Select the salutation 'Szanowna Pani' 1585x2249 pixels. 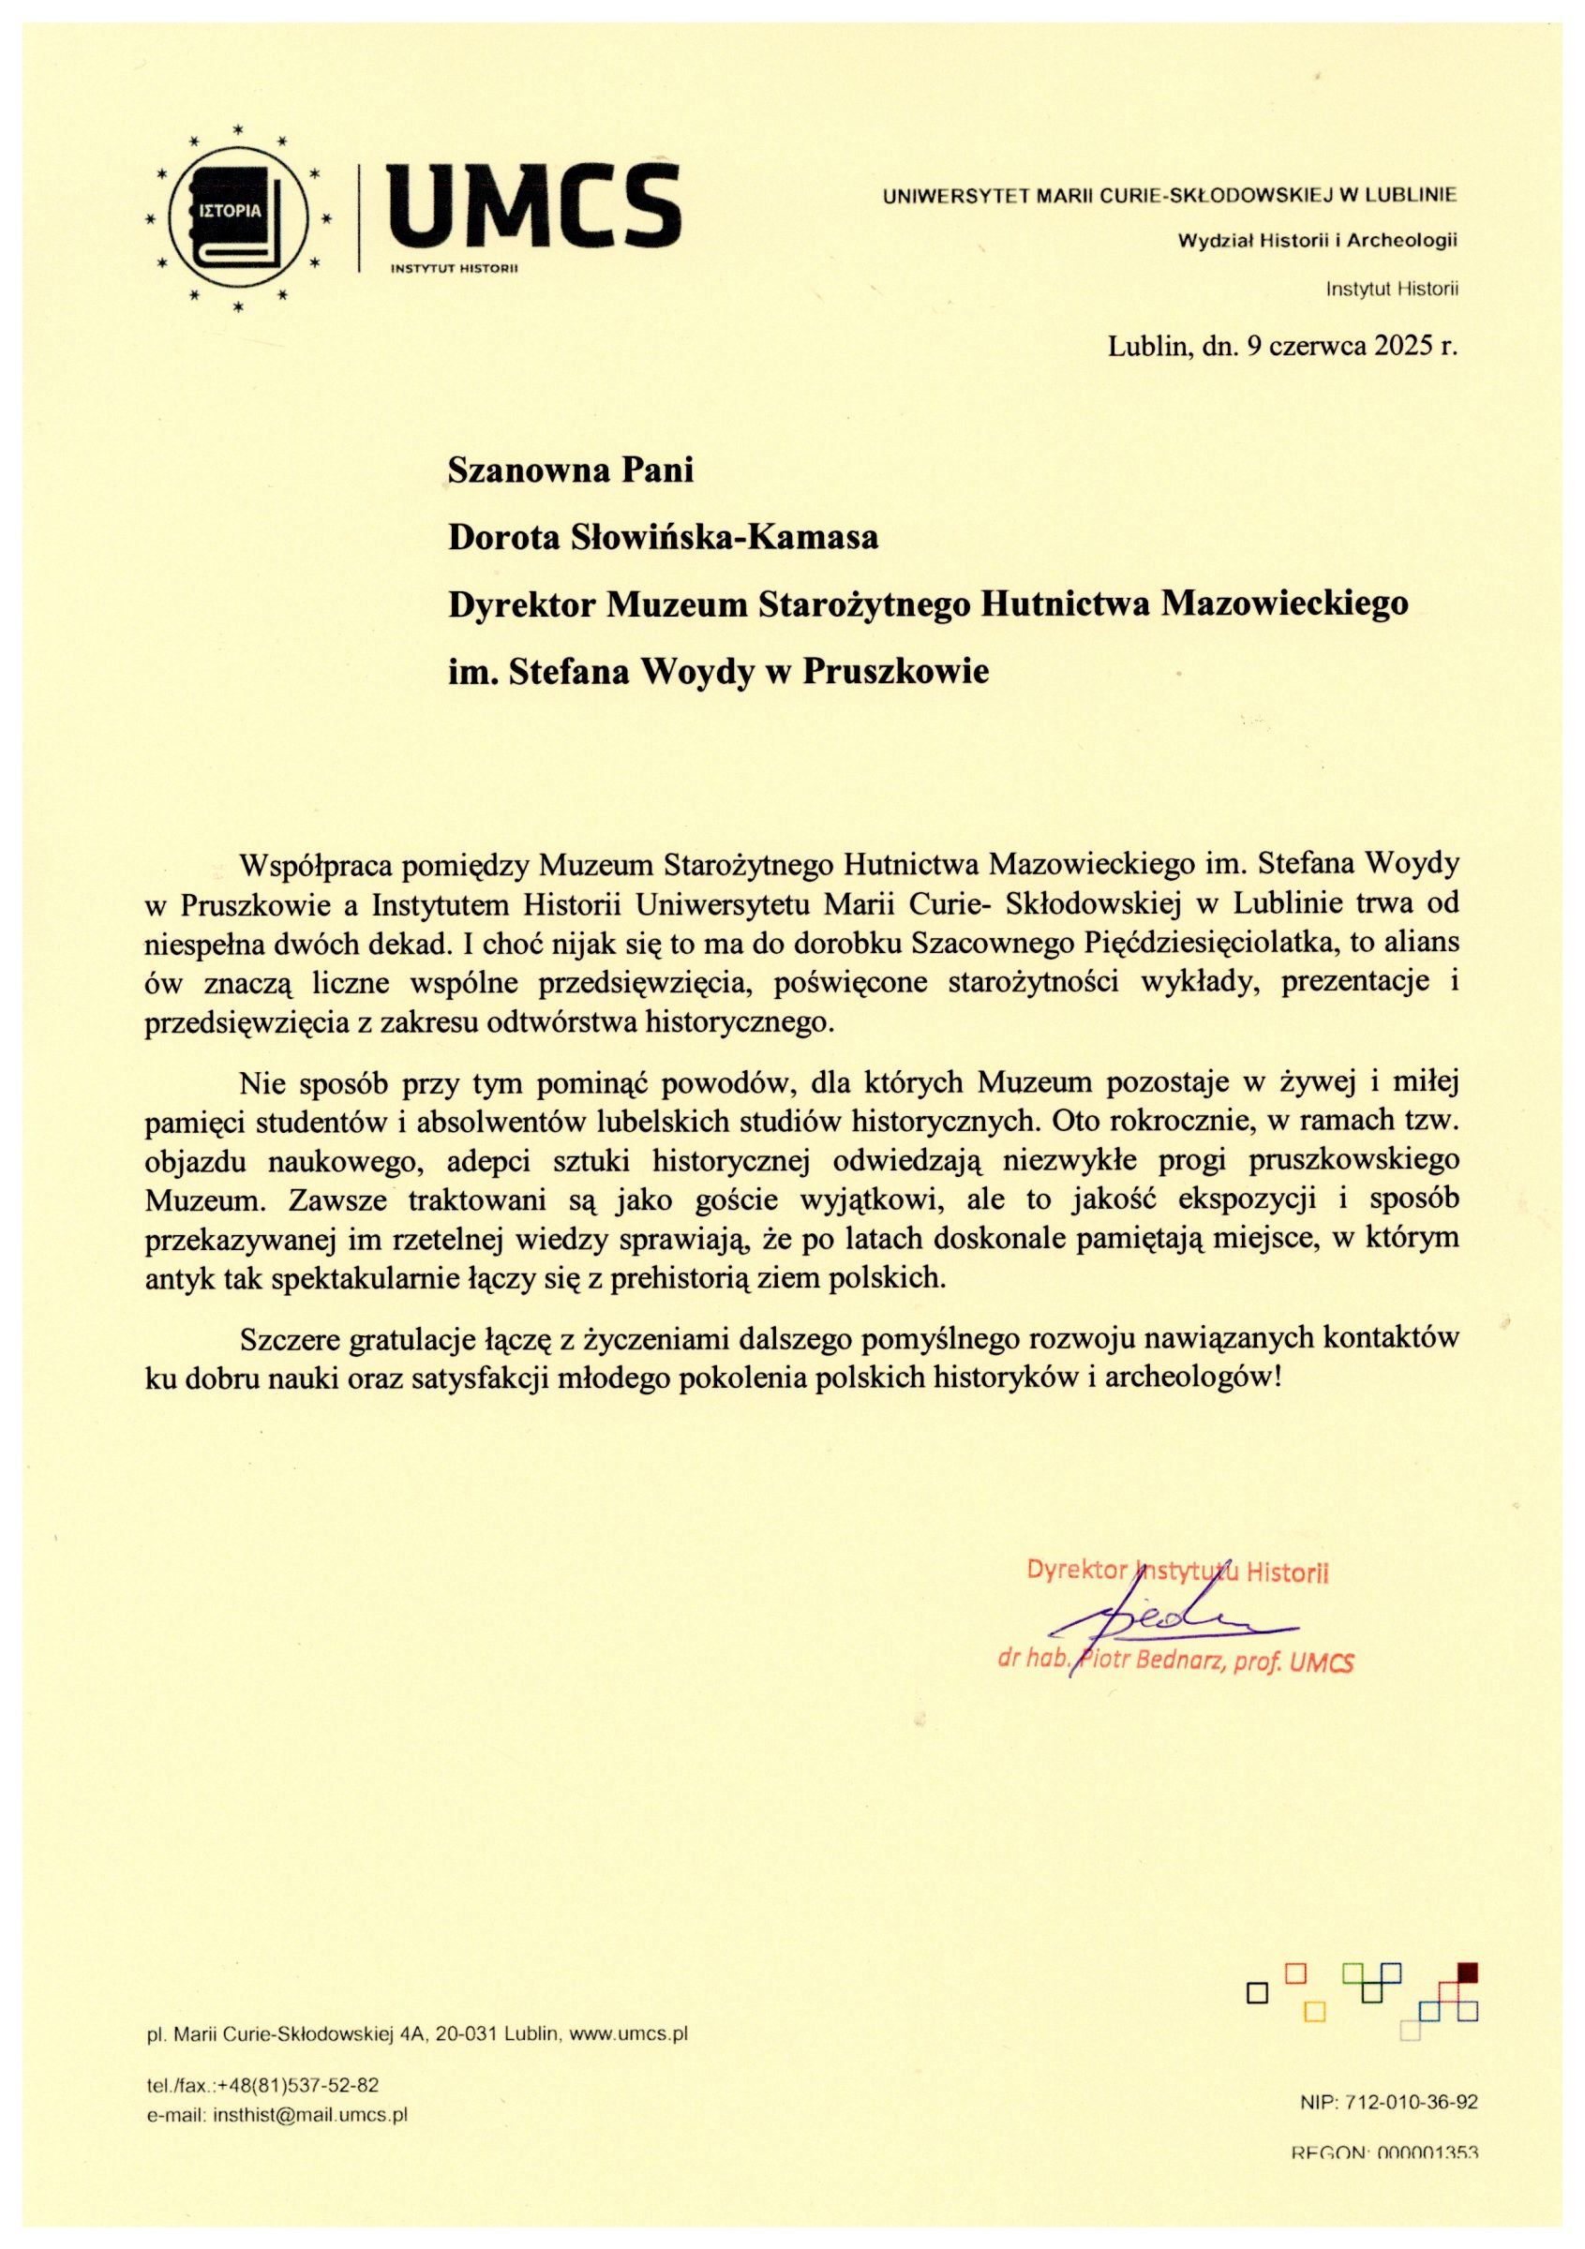click(x=570, y=470)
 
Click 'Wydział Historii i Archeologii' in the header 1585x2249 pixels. click(x=1319, y=239)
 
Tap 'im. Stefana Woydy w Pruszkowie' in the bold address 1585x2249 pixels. click(x=718, y=671)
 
